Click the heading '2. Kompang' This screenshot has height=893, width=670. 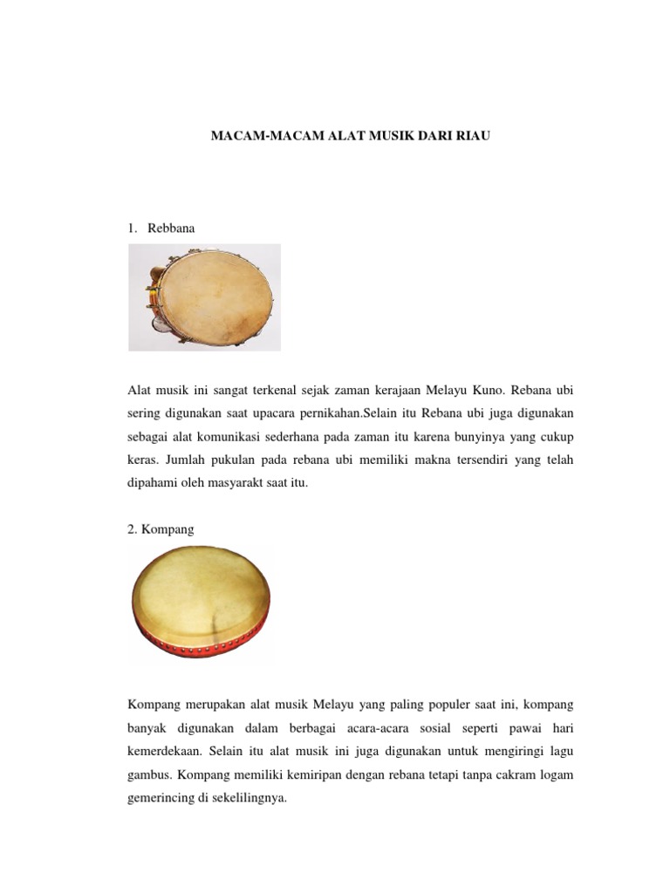click(x=162, y=528)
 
